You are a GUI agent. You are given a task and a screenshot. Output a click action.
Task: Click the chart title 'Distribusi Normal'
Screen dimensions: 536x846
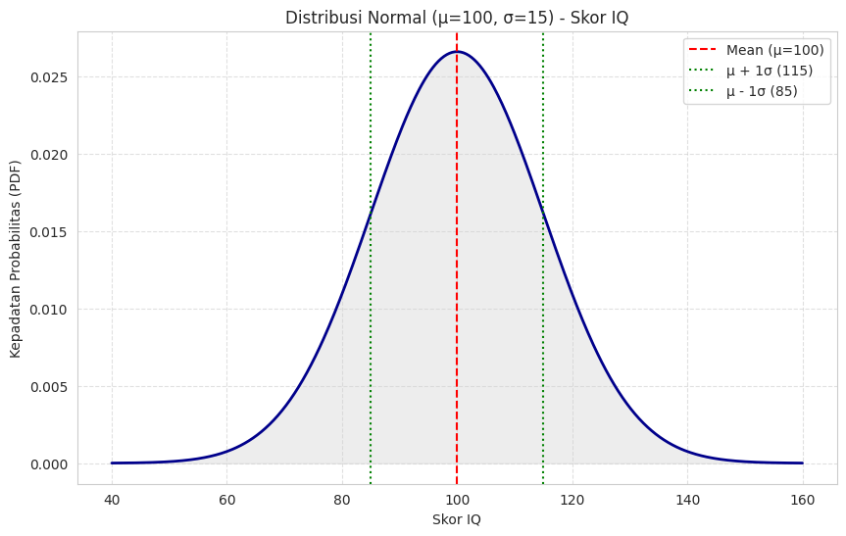pos(457,18)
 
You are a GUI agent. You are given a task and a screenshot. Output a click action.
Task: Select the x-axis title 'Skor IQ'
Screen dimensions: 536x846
pos(457,519)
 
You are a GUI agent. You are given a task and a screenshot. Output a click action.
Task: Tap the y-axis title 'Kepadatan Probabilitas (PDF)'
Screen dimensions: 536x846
pos(16,258)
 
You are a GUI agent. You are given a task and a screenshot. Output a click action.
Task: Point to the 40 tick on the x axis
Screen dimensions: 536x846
pos(112,499)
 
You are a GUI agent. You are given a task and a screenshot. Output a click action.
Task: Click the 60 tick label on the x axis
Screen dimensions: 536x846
pos(226,499)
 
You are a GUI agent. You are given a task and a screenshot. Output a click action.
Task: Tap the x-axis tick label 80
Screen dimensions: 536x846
pos(342,499)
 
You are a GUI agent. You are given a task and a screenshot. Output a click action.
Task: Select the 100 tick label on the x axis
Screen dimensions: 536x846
pos(457,499)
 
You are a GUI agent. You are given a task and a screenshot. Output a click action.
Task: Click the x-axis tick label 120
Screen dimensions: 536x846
pos(572,499)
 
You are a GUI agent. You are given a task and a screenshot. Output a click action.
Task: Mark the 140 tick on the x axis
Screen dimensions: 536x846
pos(687,499)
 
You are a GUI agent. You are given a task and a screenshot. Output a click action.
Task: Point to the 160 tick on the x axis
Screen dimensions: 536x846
pos(803,499)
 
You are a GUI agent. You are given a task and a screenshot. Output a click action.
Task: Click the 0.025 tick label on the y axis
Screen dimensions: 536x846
pos(49,77)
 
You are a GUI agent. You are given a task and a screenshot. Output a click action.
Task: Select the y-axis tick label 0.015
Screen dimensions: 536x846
pos(49,232)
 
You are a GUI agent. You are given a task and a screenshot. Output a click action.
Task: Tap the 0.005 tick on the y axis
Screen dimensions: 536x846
pos(49,387)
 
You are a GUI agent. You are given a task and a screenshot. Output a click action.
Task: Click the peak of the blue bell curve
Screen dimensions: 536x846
pos(457,52)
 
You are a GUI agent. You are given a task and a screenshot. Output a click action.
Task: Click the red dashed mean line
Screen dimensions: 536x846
pos(457,294)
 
